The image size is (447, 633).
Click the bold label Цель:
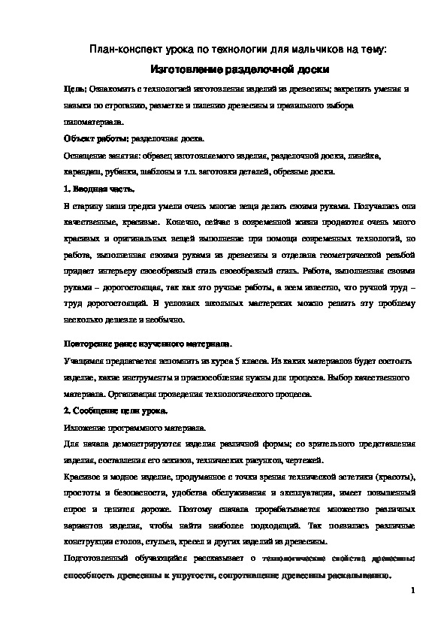click(x=75, y=89)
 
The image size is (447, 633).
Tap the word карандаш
click(x=81, y=171)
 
